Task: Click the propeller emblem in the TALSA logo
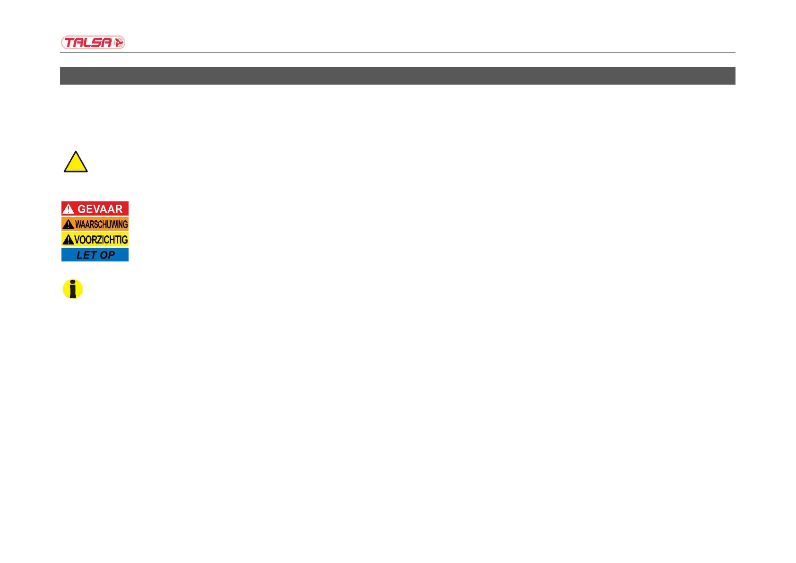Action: point(119,43)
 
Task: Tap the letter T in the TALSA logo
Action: point(69,43)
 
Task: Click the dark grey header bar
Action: point(398,76)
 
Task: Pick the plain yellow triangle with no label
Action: point(76,163)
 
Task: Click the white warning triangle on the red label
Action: point(69,209)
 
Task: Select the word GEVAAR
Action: point(100,209)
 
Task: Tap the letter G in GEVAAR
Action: point(82,209)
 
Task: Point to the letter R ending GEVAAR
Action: point(118,209)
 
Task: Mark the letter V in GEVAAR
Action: point(96,209)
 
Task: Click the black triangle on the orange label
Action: point(69,224)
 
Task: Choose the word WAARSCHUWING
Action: point(101,224)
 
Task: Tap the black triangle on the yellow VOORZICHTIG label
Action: point(68,240)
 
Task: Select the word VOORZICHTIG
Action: point(101,240)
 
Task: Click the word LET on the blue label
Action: point(87,255)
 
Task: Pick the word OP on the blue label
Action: point(107,255)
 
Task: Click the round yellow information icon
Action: point(73,289)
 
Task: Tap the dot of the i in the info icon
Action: point(72,283)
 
